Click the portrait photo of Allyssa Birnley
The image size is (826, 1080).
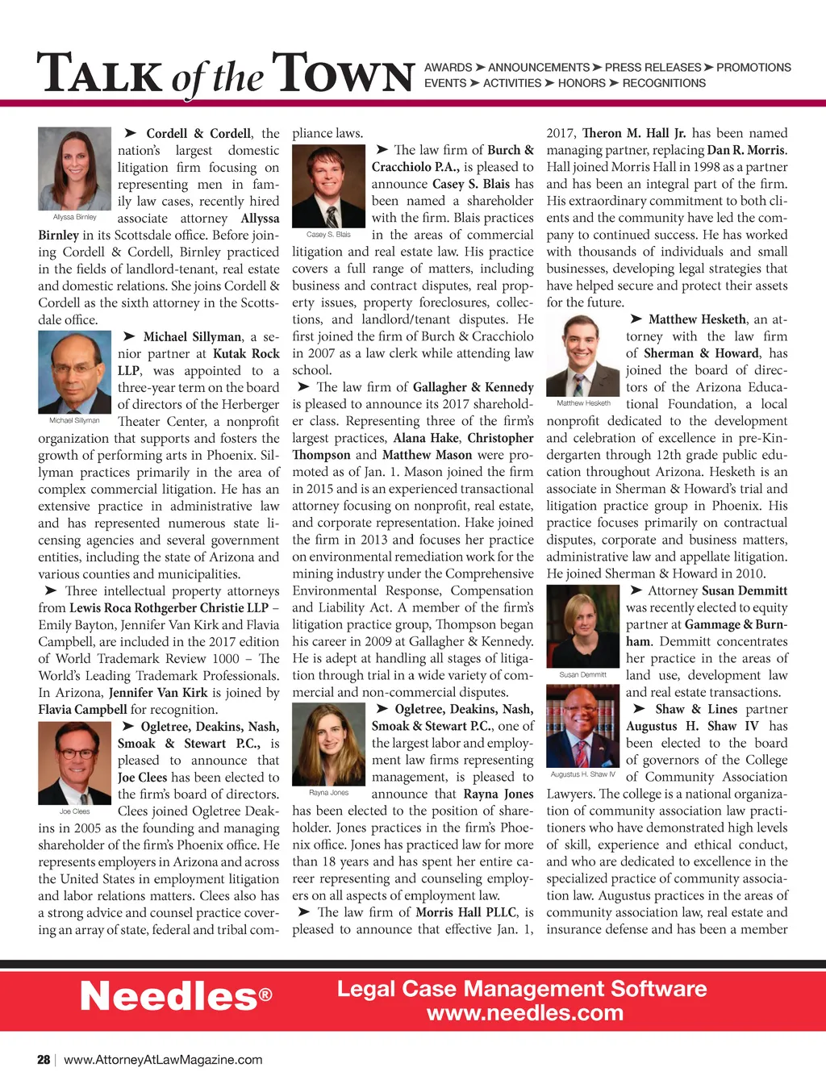pyautogui.click(x=74, y=169)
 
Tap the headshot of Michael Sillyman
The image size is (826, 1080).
pyautogui.click(x=74, y=372)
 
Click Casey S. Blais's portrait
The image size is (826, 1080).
pyautogui.click(x=328, y=186)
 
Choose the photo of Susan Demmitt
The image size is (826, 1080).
pyautogui.click(x=583, y=626)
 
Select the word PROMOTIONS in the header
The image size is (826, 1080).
pyautogui.click(x=753, y=68)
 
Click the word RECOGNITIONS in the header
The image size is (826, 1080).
pyautogui.click(x=664, y=83)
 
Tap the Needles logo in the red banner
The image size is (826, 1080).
pyautogui.click(x=176, y=997)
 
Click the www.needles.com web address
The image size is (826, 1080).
pyautogui.click(x=525, y=1013)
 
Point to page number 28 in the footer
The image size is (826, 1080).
pyautogui.click(x=44, y=1060)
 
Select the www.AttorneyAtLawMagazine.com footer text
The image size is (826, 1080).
pyautogui.click(x=163, y=1060)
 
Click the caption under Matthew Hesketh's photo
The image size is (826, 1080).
pyautogui.click(x=583, y=403)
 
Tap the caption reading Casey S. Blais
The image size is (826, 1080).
pyautogui.click(x=328, y=235)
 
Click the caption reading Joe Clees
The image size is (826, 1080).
pyautogui.click(x=74, y=811)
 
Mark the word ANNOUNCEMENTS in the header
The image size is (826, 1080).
pyautogui.click(x=539, y=68)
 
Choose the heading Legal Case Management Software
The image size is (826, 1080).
pyautogui.click(x=522, y=989)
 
